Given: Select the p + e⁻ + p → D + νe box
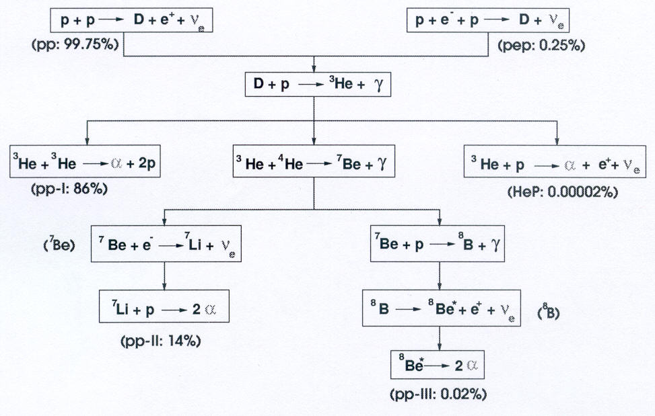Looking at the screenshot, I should tap(488, 21).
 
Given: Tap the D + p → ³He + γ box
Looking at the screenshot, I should tap(314, 86).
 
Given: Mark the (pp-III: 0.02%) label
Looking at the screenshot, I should tap(438, 394).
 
